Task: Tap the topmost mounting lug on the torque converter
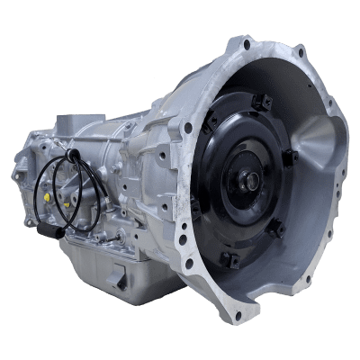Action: [260, 103]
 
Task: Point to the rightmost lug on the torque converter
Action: [290, 158]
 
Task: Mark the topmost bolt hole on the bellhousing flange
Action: [245, 43]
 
